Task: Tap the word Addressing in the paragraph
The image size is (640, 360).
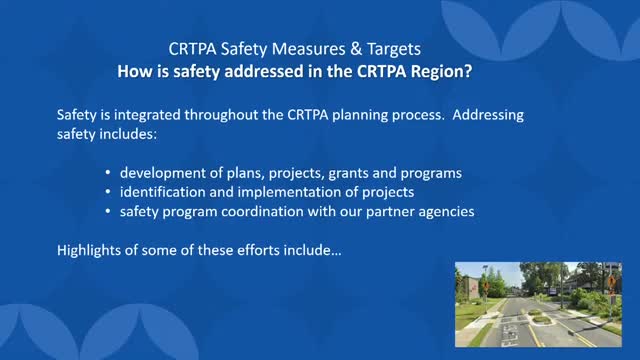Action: point(488,116)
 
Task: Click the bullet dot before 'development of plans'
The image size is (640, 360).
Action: point(108,173)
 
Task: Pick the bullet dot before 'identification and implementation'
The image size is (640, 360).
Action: point(108,191)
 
